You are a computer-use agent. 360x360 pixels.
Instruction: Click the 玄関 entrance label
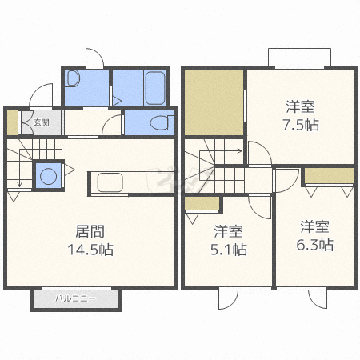click(x=41, y=122)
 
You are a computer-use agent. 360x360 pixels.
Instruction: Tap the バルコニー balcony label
click(x=75, y=298)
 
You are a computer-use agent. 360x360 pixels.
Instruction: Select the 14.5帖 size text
click(x=91, y=250)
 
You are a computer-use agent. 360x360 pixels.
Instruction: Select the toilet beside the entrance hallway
click(x=162, y=124)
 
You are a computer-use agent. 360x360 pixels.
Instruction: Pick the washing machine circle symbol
click(x=47, y=174)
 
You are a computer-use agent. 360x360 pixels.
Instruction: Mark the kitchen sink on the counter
click(x=110, y=182)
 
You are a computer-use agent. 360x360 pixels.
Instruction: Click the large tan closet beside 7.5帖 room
click(x=214, y=102)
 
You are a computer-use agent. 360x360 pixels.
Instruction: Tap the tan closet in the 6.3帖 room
click(x=329, y=175)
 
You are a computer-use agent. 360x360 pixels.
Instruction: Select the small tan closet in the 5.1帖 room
click(x=202, y=203)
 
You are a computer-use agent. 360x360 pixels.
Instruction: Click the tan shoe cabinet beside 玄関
click(x=12, y=122)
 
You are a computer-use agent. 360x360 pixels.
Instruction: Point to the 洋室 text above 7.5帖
click(x=302, y=106)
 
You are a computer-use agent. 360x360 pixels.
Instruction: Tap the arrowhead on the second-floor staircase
click(x=240, y=150)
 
